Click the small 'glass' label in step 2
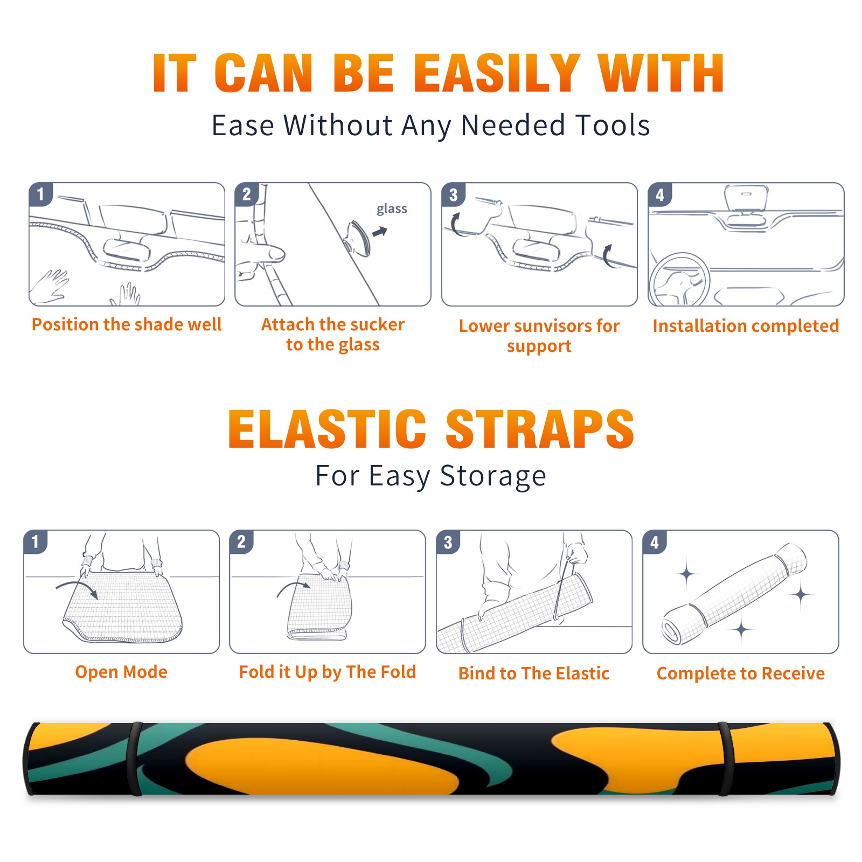coord(392,209)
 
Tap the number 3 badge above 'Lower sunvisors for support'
coord(453,194)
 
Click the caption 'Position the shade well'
coord(127,324)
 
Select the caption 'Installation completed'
coord(746,326)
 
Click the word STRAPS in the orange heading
coord(540,429)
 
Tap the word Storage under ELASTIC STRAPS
coord(493,477)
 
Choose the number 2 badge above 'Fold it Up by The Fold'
coord(241,541)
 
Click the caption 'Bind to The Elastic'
coord(533,673)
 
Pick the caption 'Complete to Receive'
coord(740,673)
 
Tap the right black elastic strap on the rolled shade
coord(726,759)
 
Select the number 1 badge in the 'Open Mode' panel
coord(36,541)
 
